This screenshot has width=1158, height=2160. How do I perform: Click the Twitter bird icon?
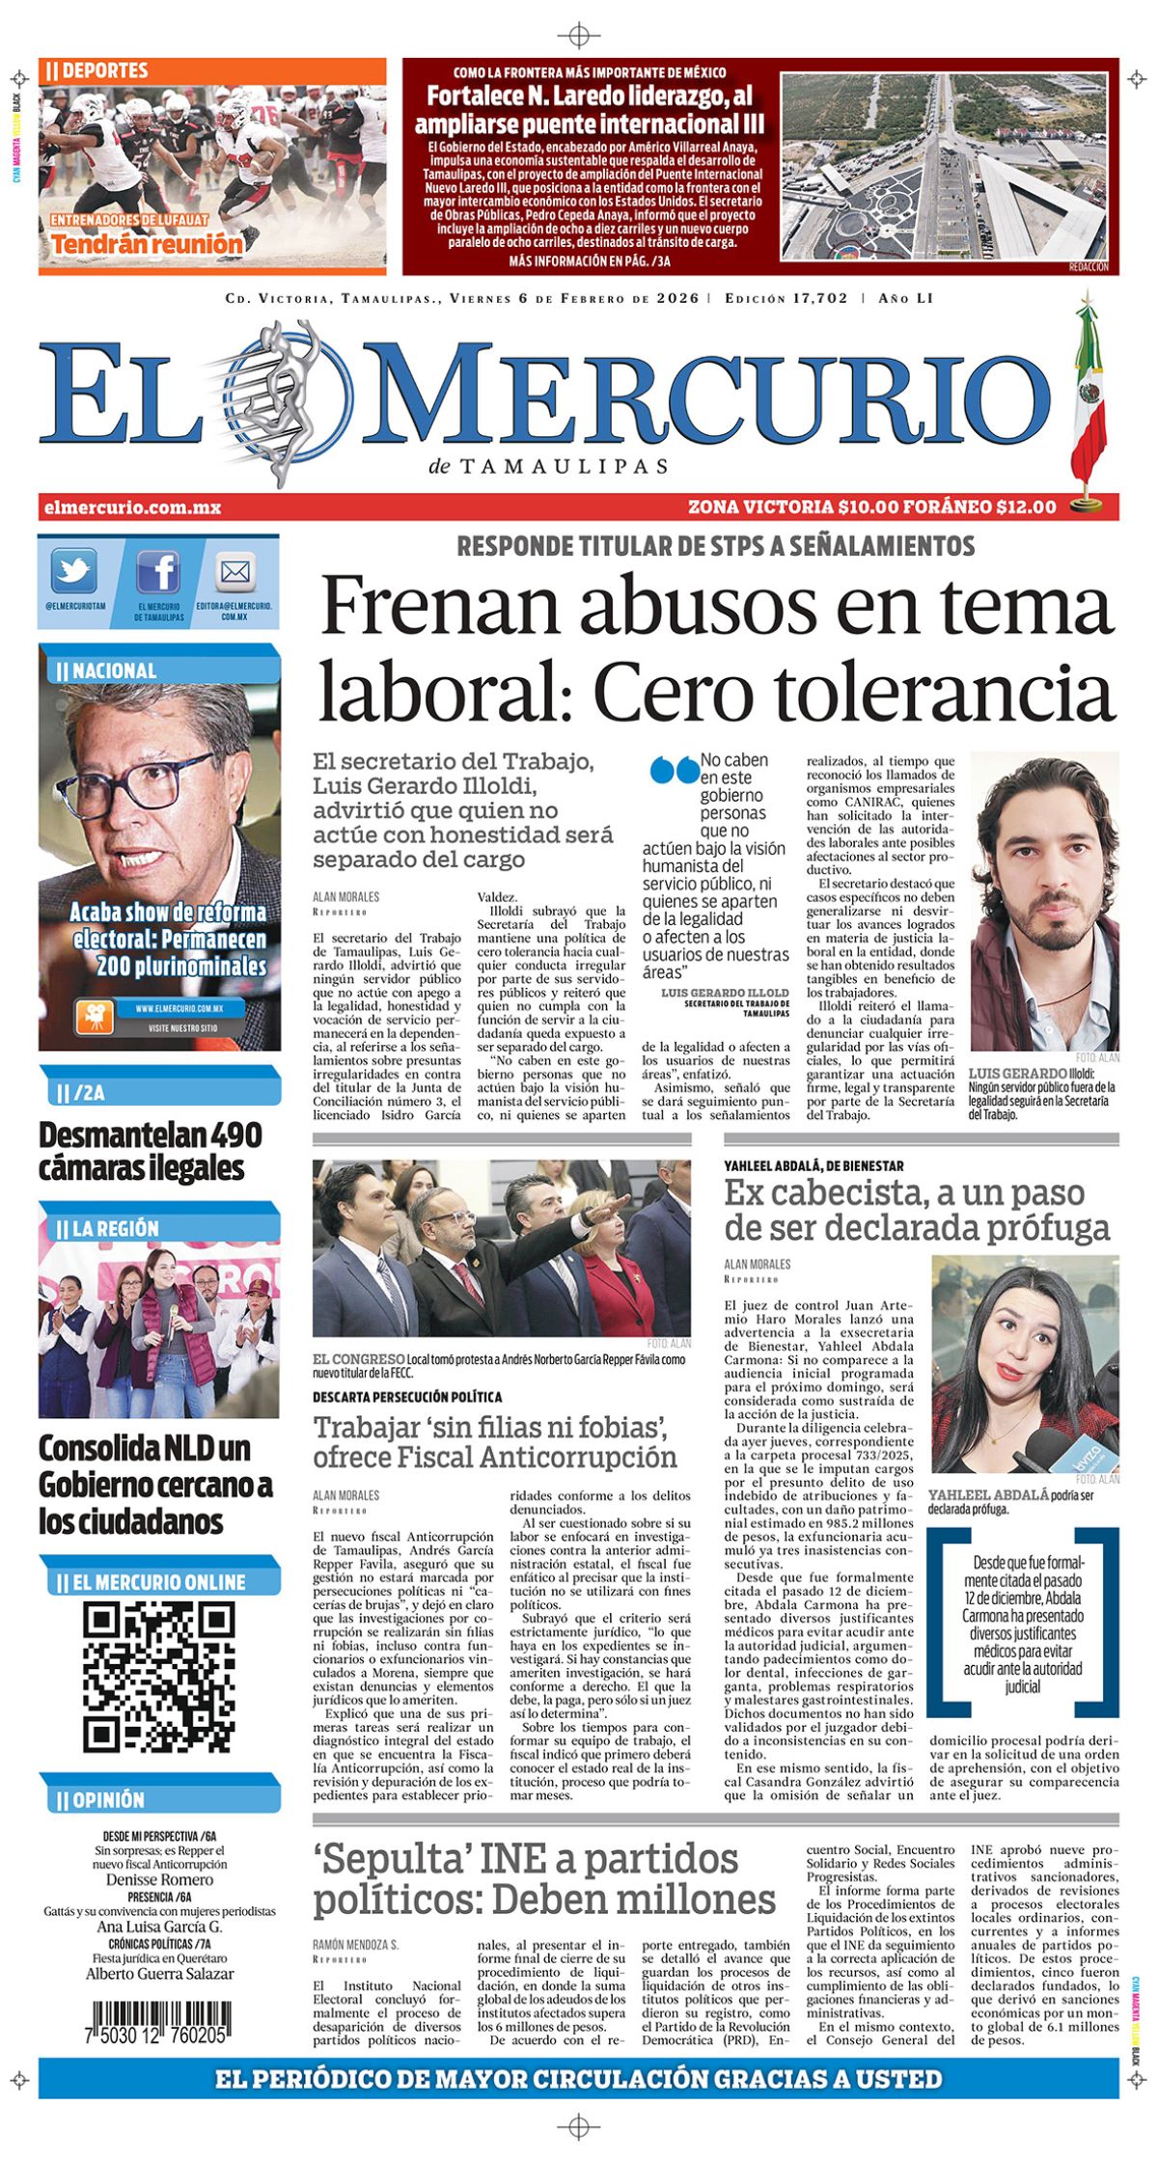coord(73,572)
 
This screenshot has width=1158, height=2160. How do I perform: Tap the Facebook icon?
coord(158,572)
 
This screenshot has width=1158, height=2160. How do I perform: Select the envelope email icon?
coord(234,572)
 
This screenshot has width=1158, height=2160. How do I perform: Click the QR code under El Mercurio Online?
coord(158,1677)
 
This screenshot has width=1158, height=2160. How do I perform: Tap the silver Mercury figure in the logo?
coord(282,400)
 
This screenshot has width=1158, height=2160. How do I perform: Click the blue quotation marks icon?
coord(674,770)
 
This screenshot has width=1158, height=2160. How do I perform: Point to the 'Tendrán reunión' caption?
coord(147,244)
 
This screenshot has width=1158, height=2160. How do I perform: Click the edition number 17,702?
coord(819,298)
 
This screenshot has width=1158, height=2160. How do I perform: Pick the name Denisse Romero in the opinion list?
coord(159,1879)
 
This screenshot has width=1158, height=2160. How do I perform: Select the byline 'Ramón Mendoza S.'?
coord(355,1945)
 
